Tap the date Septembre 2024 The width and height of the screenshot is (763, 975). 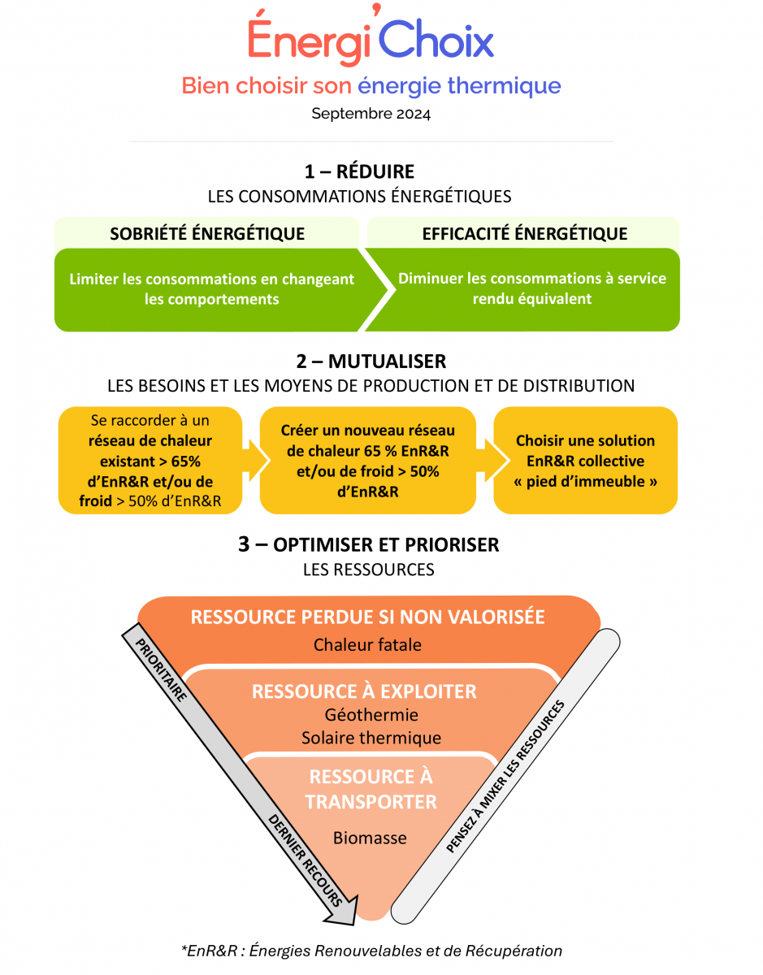click(x=371, y=114)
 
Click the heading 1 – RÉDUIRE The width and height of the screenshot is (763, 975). click(x=359, y=171)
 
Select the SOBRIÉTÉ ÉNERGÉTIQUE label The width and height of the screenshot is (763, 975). click(x=207, y=234)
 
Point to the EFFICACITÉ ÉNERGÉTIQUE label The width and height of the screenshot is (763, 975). click(x=524, y=234)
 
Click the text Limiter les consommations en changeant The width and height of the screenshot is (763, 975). click(x=212, y=279)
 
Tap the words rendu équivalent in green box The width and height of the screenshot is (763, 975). click(x=532, y=298)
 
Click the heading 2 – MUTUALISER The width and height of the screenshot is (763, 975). click(x=371, y=361)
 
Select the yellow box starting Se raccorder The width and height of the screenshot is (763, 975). click(x=150, y=460)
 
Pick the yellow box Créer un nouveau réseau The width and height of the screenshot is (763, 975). click(x=367, y=460)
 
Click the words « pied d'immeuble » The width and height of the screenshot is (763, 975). click(x=585, y=481)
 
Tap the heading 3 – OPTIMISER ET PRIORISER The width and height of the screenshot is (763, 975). click(x=368, y=544)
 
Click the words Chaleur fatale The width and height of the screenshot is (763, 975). click(x=367, y=645)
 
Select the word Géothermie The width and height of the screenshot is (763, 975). click(x=371, y=715)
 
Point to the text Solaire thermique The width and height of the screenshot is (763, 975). click(x=371, y=738)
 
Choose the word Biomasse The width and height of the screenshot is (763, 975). click(x=370, y=838)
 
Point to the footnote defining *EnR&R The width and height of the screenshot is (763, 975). click(x=371, y=950)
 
